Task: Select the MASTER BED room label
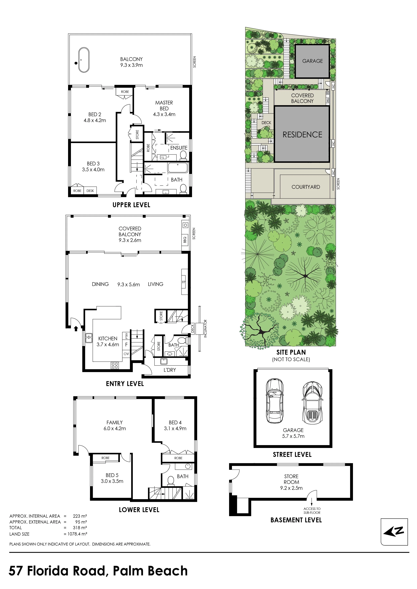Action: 164,105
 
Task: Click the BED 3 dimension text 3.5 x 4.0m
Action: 93,170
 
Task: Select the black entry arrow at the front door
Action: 76,329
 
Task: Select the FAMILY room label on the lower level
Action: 114,422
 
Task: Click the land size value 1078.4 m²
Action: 77,534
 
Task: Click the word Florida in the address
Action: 66,571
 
